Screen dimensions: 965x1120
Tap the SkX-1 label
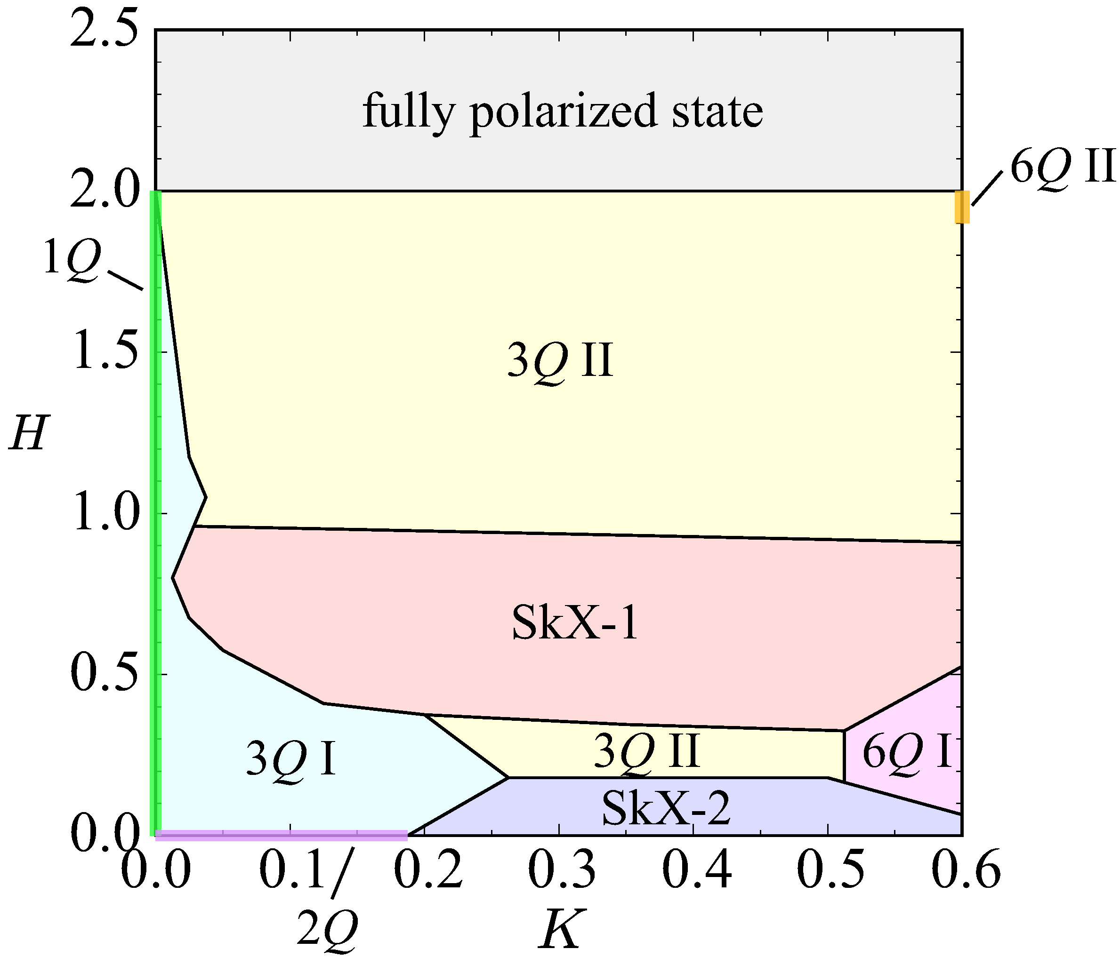[x=575, y=623]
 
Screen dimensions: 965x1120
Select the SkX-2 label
[x=666, y=807]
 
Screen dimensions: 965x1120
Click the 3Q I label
[x=291, y=758]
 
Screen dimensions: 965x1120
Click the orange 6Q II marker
[x=962, y=207]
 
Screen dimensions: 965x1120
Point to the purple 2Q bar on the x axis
[x=281, y=835]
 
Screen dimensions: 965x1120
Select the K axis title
[x=561, y=929]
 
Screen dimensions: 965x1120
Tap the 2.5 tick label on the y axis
[x=103, y=32]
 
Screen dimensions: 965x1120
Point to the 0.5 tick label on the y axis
[x=103, y=675]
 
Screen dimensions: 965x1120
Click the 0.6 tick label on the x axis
[x=966, y=871]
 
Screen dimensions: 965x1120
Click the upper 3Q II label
[x=560, y=361]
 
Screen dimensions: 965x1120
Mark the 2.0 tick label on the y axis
[x=103, y=191]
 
